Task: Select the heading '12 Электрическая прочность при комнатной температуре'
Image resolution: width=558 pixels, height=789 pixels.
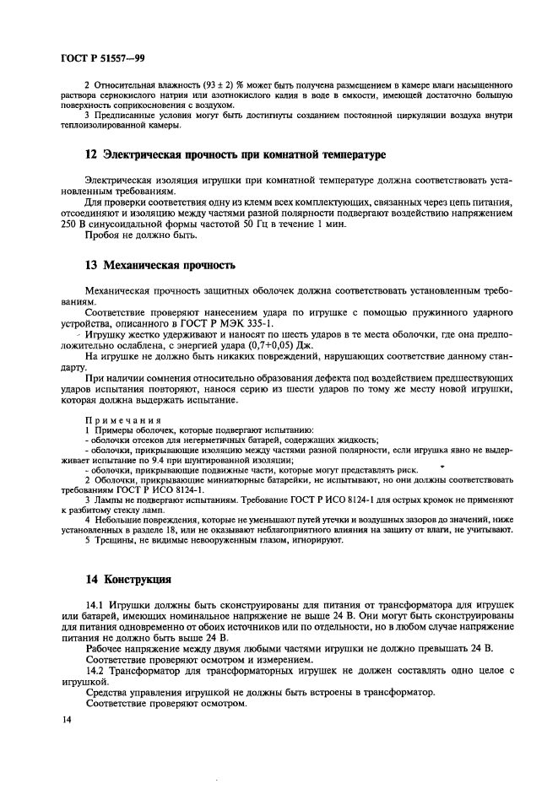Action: [224, 155]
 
